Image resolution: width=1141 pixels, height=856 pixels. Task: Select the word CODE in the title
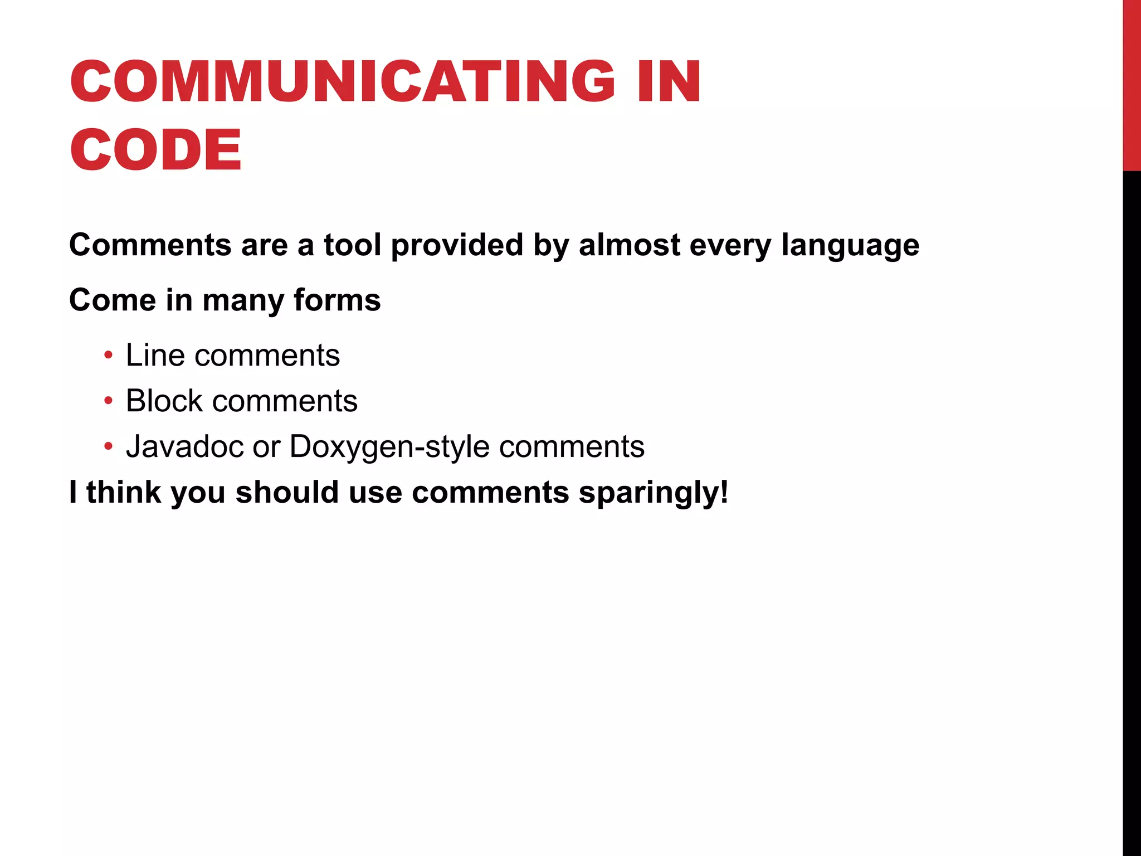156,149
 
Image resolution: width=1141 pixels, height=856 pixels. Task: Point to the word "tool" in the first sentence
352,245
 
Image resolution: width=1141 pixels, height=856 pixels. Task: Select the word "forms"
337,300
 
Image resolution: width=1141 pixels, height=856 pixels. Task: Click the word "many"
243,301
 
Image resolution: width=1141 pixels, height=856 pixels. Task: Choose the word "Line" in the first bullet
155,355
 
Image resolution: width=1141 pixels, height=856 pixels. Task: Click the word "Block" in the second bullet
164,401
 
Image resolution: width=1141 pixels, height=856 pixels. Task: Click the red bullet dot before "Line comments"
109,355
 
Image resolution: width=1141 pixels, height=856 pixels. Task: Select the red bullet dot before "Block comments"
109,401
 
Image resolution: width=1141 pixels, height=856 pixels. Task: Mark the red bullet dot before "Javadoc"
109,446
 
